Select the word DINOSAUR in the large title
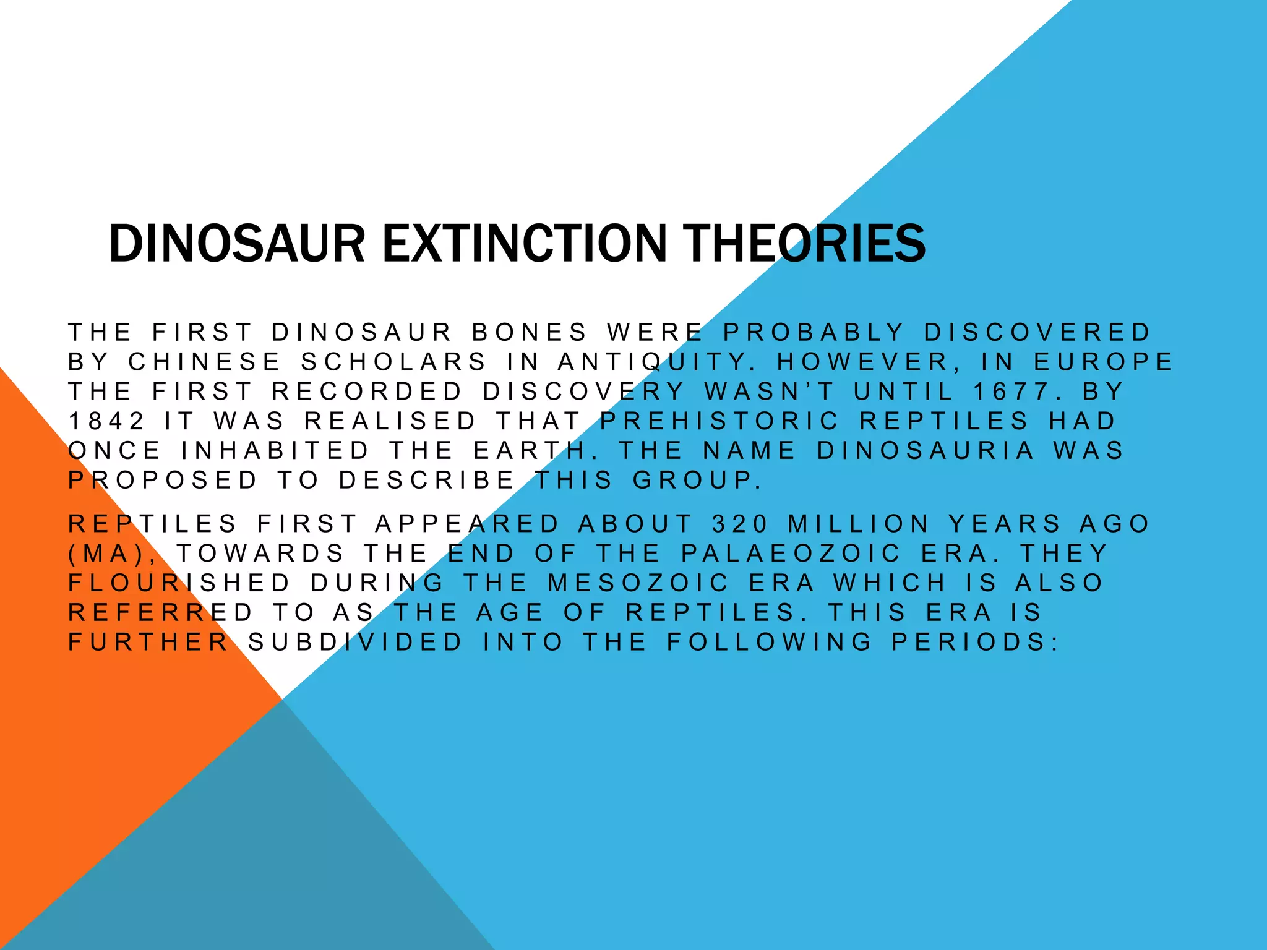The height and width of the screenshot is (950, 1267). click(x=237, y=243)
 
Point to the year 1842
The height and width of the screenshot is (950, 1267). click(x=106, y=421)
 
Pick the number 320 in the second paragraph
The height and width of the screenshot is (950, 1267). click(x=740, y=524)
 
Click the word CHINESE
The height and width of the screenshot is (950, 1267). click(x=205, y=362)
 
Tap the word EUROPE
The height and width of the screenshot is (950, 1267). click(x=1104, y=362)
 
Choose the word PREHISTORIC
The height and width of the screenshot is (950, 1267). click(x=719, y=421)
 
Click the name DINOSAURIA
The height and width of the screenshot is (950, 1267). click(x=926, y=450)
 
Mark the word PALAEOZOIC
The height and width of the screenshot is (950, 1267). click(x=791, y=553)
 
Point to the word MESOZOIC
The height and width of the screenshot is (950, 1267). click(x=638, y=583)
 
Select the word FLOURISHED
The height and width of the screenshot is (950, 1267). click(x=179, y=583)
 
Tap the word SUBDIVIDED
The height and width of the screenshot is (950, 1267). click(x=356, y=642)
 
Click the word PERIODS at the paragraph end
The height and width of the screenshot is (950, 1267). click(x=975, y=642)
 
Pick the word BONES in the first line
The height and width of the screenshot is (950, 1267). click(x=529, y=332)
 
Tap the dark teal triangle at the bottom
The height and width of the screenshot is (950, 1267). click(x=278, y=866)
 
